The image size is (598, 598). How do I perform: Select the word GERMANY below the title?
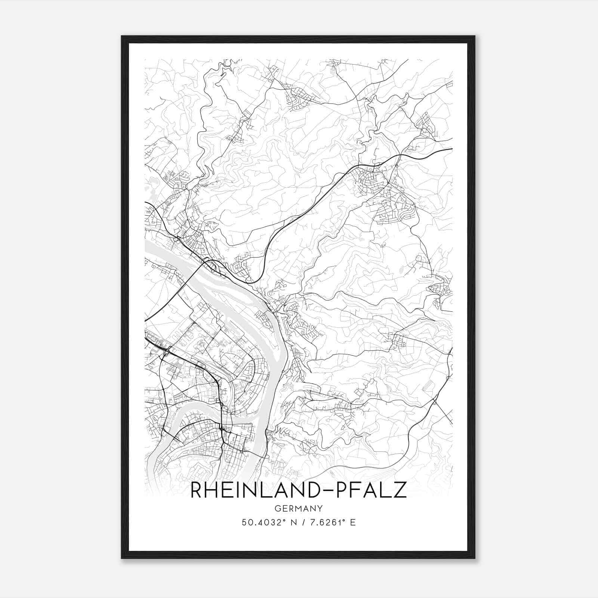tap(298, 508)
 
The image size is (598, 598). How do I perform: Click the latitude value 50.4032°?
tap(264, 523)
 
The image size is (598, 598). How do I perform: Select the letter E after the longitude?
tap(353, 523)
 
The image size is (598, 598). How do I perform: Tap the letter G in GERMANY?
tap(277, 508)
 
